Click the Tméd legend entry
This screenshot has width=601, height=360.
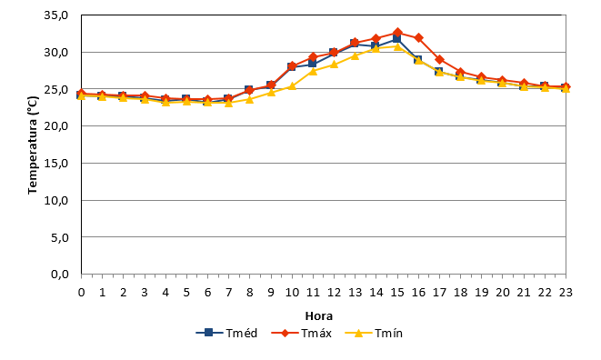[x=226, y=333]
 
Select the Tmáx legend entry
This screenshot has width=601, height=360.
[x=301, y=333]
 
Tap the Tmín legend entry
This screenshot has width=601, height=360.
[x=374, y=333]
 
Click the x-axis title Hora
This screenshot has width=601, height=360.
[x=319, y=316]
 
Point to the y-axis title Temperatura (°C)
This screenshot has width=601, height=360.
[x=33, y=145]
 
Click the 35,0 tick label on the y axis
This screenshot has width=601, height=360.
[x=56, y=15]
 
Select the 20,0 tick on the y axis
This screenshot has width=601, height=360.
[x=56, y=126]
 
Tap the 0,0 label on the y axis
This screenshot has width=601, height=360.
[x=59, y=275]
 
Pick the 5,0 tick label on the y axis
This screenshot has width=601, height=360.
[x=59, y=237]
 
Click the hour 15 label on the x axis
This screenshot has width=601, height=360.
[x=397, y=293]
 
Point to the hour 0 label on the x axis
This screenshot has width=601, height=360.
[x=81, y=293]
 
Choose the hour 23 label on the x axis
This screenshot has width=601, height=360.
[x=566, y=293]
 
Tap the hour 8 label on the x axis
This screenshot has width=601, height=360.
[x=249, y=293]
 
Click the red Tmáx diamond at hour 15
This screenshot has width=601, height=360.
[x=397, y=33]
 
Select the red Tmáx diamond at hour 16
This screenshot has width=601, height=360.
[x=418, y=37]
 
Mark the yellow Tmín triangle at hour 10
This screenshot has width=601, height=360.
[x=292, y=85]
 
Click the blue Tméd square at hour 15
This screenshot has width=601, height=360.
[x=396, y=39]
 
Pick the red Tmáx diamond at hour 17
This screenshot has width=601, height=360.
[x=440, y=59]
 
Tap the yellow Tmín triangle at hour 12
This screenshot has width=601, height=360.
[x=334, y=64]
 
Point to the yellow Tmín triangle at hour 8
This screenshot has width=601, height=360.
[x=249, y=99]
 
